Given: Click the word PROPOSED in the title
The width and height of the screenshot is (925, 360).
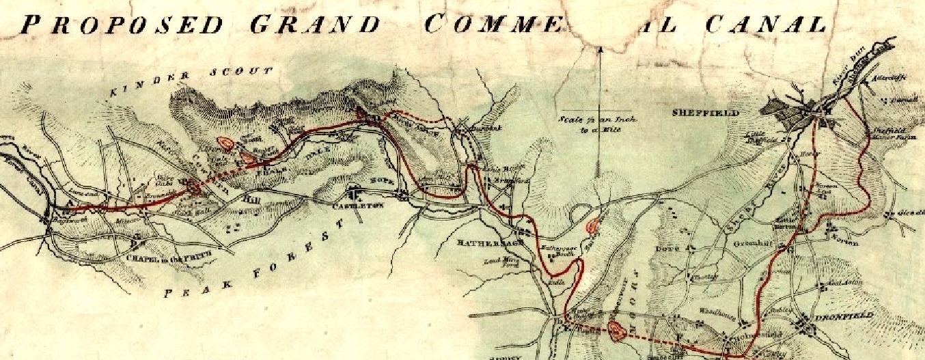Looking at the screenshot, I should pyautogui.click(x=121, y=25).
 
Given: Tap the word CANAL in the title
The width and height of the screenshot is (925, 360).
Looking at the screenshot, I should pyautogui.click(x=765, y=25).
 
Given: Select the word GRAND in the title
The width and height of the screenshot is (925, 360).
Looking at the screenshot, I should pyautogui.click(x=315, y=25).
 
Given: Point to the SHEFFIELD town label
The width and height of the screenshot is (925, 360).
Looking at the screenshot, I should pyautogui.click(x=706, y=113).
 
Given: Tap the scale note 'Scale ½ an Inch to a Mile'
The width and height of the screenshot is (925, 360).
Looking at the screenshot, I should pyautogui.click(x=597, y=124).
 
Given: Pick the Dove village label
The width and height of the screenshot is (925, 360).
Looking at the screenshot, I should pyautogui.click(x=664, y=248).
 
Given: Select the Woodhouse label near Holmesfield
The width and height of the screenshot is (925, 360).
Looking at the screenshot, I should pyautogui.click(x=714, y=311).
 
